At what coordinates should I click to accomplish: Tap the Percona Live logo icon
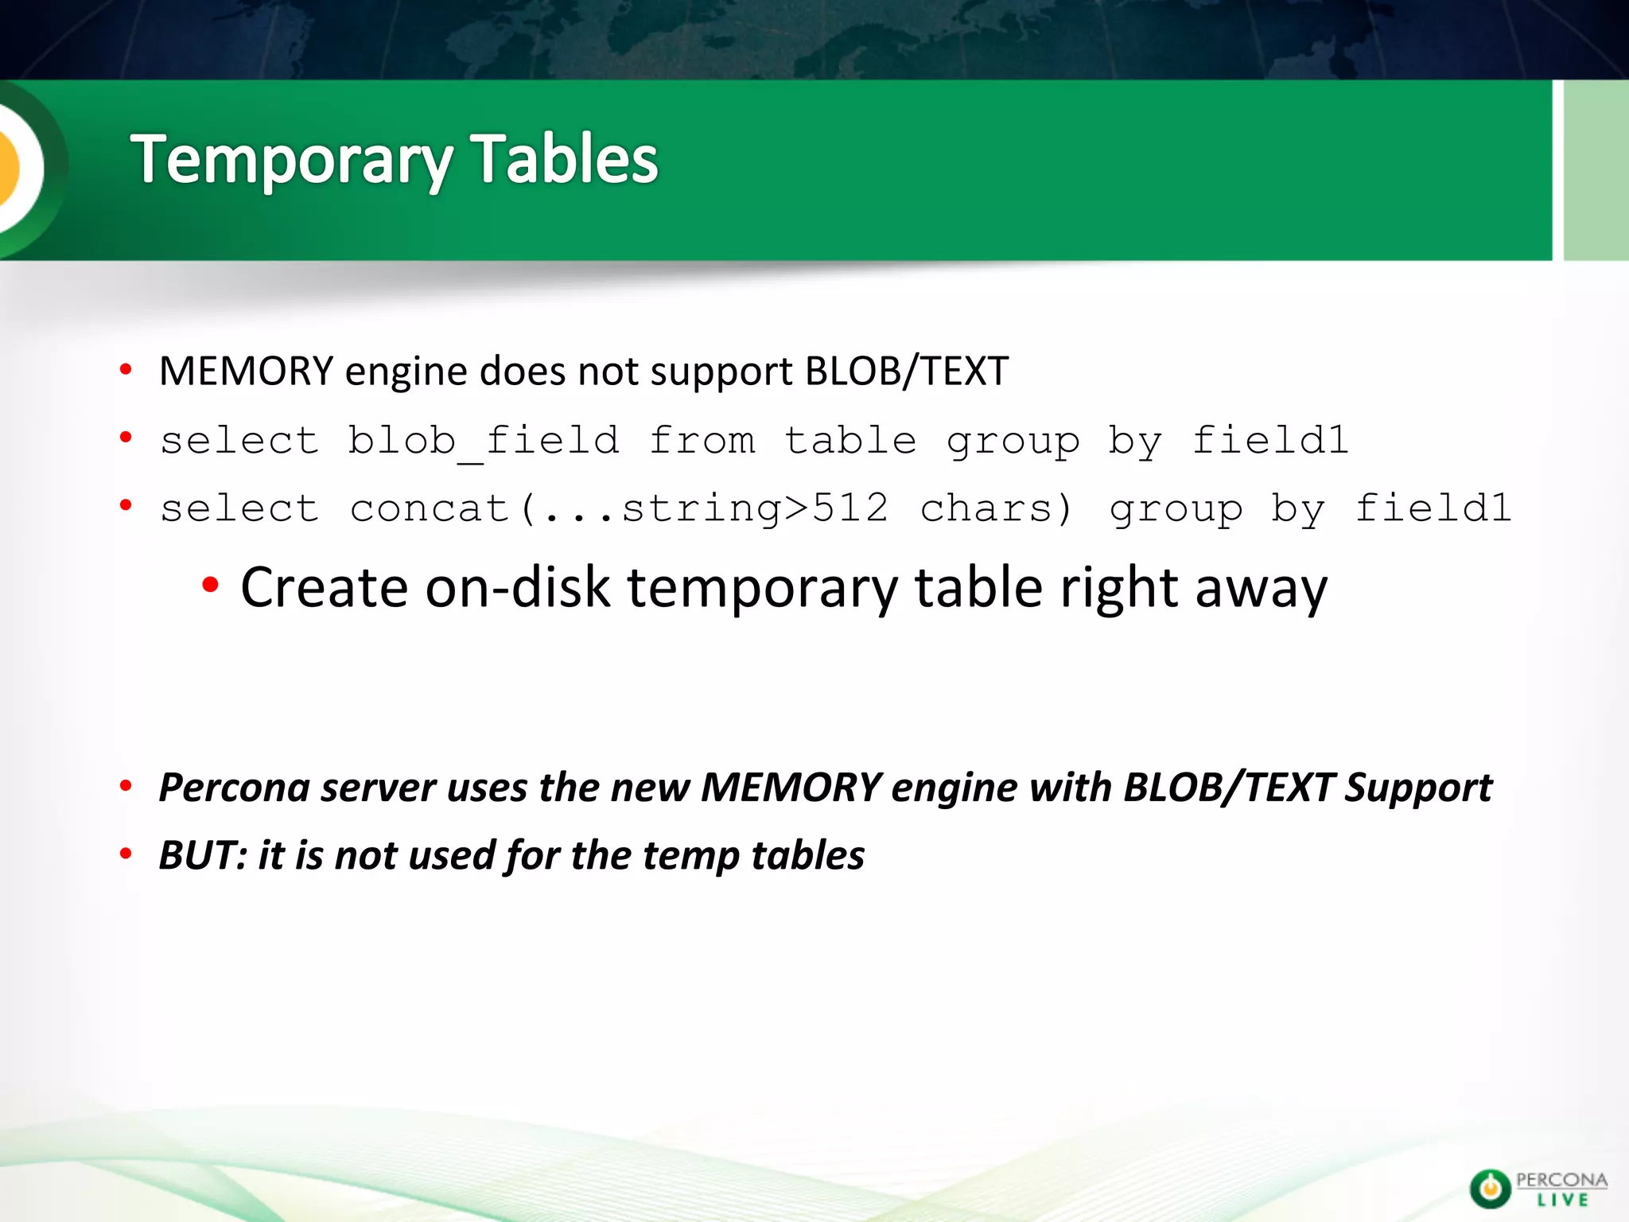point(1489,1189)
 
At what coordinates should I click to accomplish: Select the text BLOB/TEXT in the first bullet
point(907,372)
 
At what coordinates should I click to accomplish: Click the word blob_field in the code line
point(484,441)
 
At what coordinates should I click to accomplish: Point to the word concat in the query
point(430,508)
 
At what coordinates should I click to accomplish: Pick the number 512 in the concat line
point(849,508)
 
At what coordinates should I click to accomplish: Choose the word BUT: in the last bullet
point(203,855)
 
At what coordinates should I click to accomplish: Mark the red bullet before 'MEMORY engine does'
point(126,370)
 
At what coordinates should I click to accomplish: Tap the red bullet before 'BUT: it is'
point(126,854)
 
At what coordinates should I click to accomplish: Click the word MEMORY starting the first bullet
point(246,372)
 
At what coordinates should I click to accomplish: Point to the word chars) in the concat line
point(997,508)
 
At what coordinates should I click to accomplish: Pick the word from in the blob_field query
point(702,441)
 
